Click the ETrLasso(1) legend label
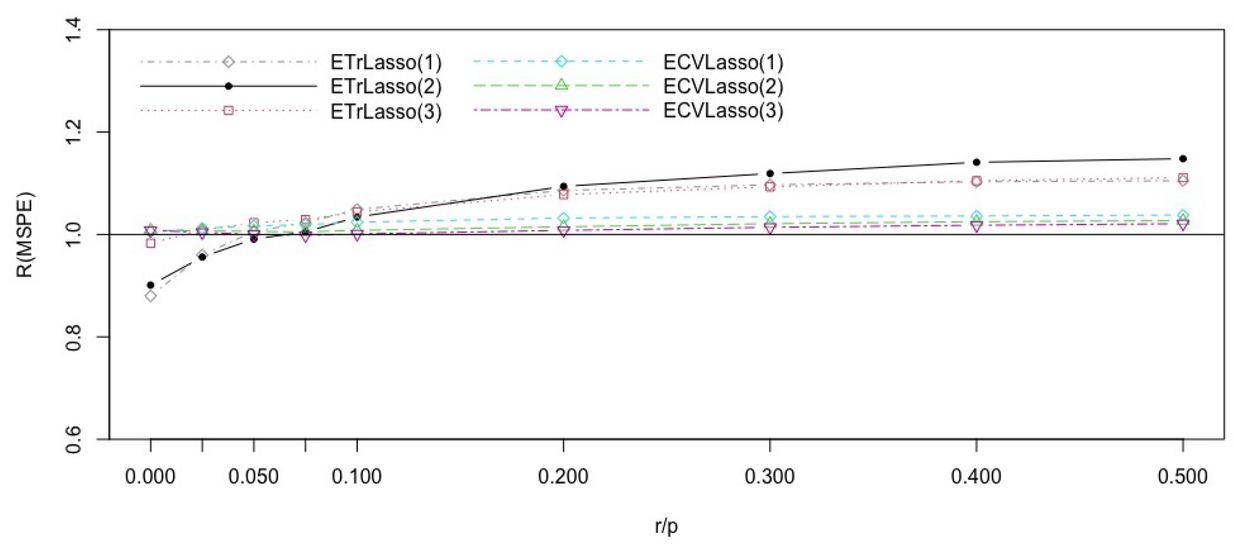pos(386,62)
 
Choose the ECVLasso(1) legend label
pos(723,62)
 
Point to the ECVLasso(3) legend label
pos(723,111)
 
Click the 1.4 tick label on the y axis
pos(73,30)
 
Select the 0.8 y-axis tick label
pos(73,337)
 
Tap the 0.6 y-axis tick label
pos(73,439)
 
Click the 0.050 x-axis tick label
pos(254,477)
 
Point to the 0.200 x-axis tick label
pos(563,477)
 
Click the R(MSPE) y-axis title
pos(25,234)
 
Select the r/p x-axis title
pos(666,526)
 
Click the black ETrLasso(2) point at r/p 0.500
pos(1183,159)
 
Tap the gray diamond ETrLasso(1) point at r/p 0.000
pos(151,296)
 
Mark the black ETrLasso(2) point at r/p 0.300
pos(770,173)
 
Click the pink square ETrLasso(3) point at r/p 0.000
pos(151,243)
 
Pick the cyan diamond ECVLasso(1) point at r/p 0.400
pos(976,216)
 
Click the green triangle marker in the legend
pos(562,85)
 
